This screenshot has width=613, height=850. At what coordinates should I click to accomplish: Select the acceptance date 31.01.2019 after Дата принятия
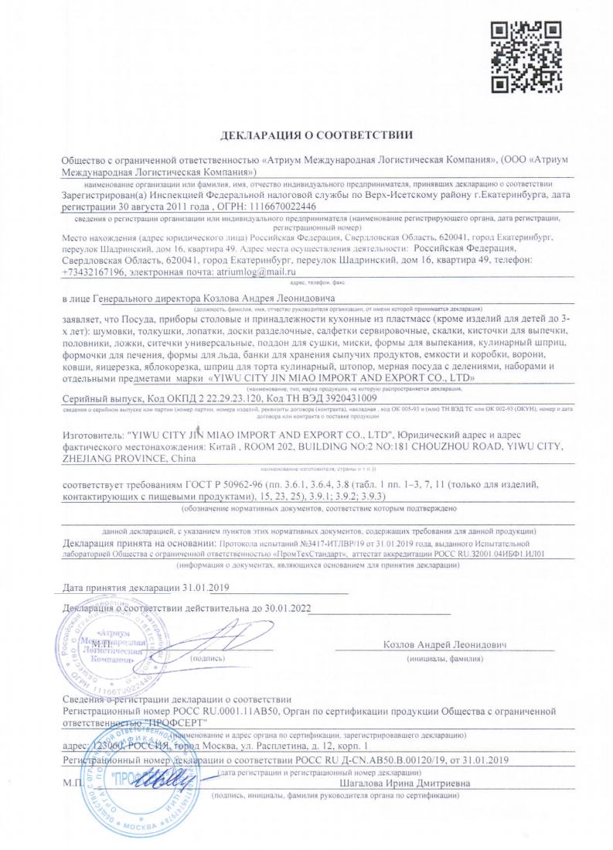click(x=184, y=589)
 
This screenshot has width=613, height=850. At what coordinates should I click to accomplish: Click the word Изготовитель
click(x=95, y=435)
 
